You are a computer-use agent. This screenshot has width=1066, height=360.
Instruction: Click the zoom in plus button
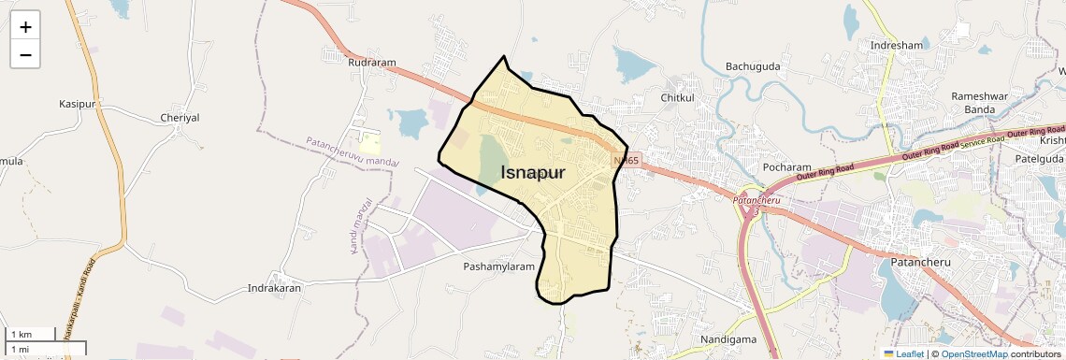[25, 27]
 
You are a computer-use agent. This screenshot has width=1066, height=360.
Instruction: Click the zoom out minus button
[25, 55]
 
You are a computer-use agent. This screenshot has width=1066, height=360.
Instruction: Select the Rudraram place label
[372, 63]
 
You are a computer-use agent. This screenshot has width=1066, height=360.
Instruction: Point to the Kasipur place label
[78, 103]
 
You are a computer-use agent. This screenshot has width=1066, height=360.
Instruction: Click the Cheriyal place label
[180, 118]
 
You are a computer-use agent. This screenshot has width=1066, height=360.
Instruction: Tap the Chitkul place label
[678, 97]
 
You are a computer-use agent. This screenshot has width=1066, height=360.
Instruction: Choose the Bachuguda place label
[753, 66]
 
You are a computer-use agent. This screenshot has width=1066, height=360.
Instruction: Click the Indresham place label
[896, 45]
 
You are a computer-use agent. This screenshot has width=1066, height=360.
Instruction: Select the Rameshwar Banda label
[979, 103]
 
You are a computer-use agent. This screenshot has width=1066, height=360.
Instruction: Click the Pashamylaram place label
[498, 266]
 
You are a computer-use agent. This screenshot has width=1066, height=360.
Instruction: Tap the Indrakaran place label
[273, 289]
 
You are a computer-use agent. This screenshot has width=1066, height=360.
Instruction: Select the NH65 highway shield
[626, 161]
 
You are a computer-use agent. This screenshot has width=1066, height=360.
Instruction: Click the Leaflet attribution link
[903, 353]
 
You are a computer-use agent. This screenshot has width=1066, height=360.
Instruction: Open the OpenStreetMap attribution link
[974, 353]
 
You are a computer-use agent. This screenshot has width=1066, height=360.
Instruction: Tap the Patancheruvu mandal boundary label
[352, 151]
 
